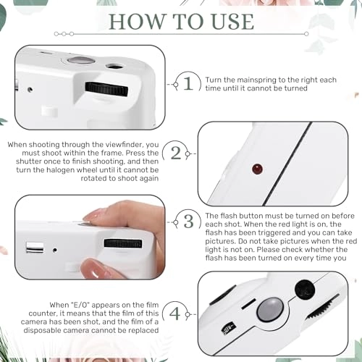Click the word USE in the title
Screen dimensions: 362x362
point(232,22)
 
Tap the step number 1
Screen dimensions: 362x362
point(188,83)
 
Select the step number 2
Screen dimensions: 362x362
point(175,153)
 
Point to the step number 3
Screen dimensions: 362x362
point(188,222)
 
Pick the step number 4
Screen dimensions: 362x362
point(174,313)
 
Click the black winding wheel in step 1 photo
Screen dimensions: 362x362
point(106,89)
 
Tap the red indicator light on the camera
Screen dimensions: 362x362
point(257,169)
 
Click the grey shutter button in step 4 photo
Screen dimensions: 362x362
point(270,310)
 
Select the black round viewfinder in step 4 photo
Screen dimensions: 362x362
point(305,290)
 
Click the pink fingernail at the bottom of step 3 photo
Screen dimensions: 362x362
point(93,269)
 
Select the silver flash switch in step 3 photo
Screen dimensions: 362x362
point(35,248)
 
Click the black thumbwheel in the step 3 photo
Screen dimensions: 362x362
point(123,243)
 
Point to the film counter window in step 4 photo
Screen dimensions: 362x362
point(229,329)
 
